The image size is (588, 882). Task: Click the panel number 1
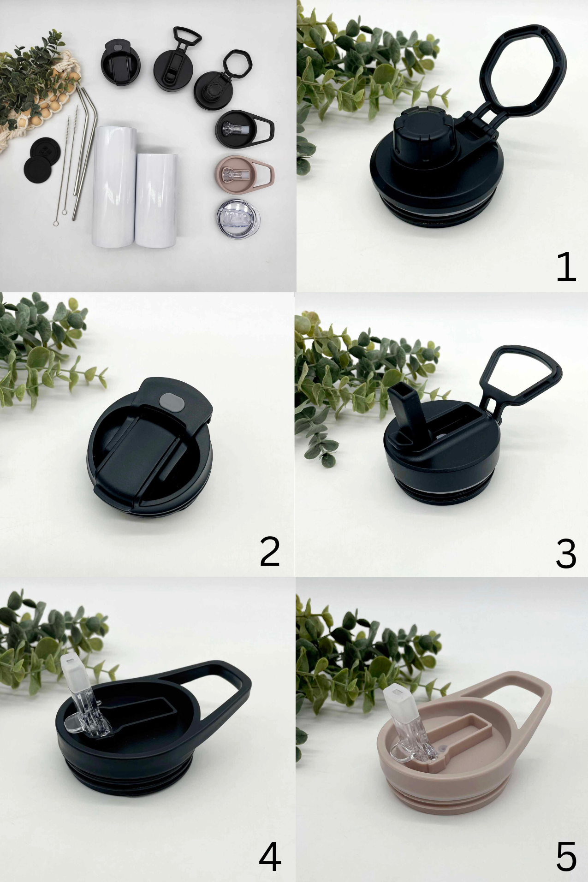(x=566, y=266)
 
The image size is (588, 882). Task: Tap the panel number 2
(x=270, y=551)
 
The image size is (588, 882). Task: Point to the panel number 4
(x=270, y=857)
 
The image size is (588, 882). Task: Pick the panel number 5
(x=566, y=857)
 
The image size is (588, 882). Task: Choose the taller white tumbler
(x=114, y=186)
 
